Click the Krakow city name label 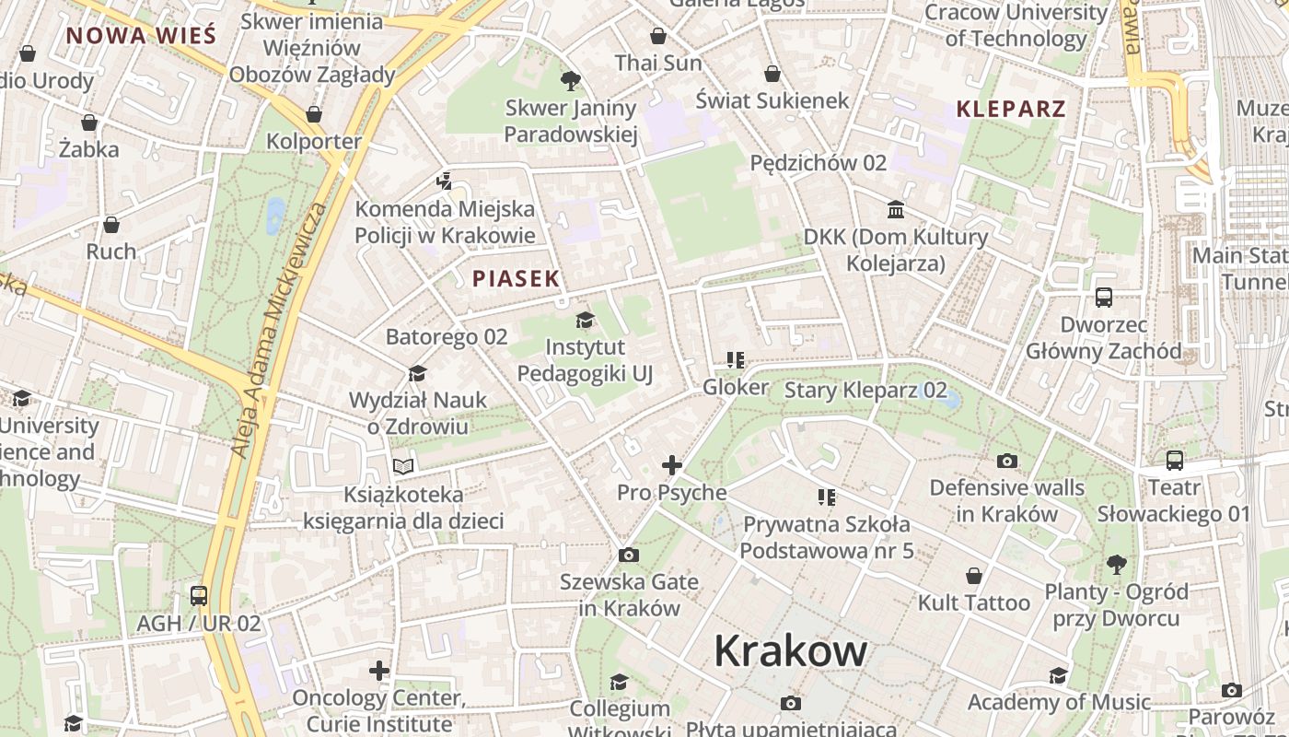pyautogui.click(x=790, y=651)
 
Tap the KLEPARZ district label pyautogui.click(x=1011, y=109)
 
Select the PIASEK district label pyautogui.click(x=516, y=278)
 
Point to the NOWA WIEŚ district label pyautogui.click(x=141, y=36)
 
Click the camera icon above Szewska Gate pyautogui.click(x=629, y=555)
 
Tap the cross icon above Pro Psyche pyautogui.click(x=672, y=465)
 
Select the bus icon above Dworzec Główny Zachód pyautogui.click(x=1104, y=298)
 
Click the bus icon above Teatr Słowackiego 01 pyautogui.click(x=1174, y=460)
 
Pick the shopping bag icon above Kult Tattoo pyautogui.click(x=974, y=576)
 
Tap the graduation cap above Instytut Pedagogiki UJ pyautogui.click(x=585, y=321)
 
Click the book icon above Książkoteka pyautogui.click(x=403, y=466)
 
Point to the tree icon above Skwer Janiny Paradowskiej pyautogui.click(x=571, y=81)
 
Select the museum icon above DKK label pyautogui.click(x=896, y=209)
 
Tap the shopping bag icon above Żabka pyautogui.click(x=89, y=122)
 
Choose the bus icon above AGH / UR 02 pyautogui.click(x=199, y=595)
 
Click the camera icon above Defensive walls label pyautogui.click(x=1007, y=460)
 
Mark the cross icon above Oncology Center pyautogui.click(x=379, y=670)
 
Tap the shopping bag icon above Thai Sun pyautogui.click(x=658, y=36)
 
